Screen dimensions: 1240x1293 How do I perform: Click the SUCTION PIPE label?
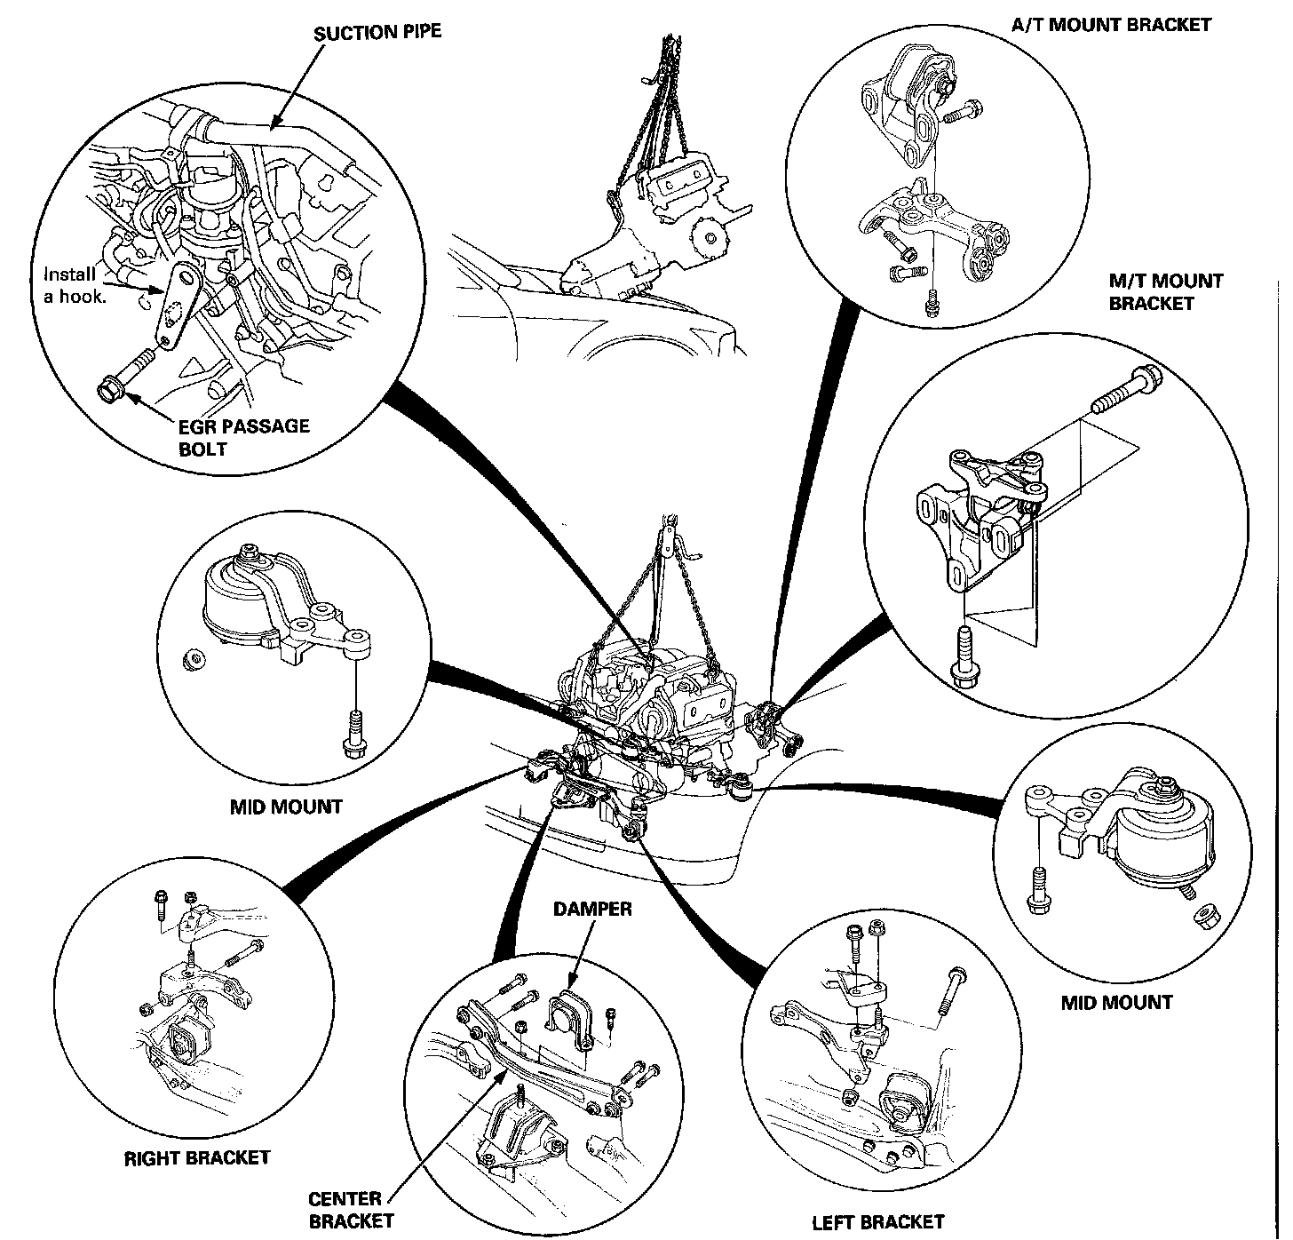point(377,33)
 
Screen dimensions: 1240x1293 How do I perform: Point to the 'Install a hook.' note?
point(75,284)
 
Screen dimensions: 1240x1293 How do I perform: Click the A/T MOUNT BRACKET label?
point(1111,24)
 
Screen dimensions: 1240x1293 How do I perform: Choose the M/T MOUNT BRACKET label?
point(1165,292)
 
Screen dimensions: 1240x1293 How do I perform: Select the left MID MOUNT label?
point(285,807)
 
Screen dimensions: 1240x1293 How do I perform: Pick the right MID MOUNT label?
point(1116,1002)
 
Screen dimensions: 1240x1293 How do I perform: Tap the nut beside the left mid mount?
point(189,659)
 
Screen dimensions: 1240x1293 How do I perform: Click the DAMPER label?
point(592,909)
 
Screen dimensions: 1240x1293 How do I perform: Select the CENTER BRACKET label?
point(351,1210)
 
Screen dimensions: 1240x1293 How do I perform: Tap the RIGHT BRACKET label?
point(196,1157)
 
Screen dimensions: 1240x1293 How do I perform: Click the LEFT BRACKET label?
point(878,1222)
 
